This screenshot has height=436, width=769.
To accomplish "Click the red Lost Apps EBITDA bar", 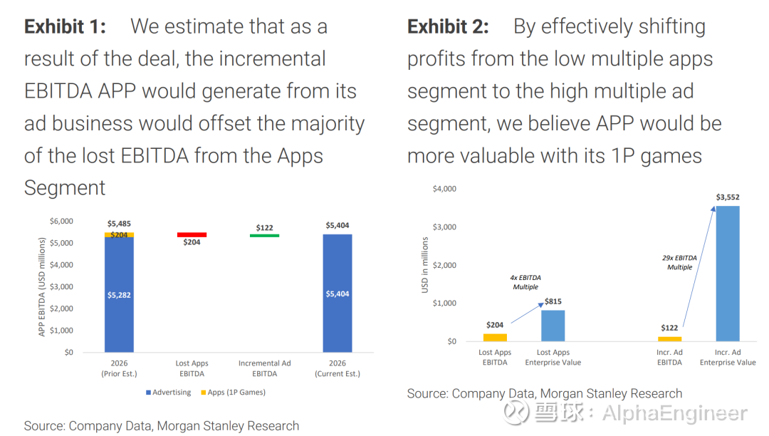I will [x=192, y=234].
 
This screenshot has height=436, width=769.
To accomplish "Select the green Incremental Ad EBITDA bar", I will [x=264, y=235].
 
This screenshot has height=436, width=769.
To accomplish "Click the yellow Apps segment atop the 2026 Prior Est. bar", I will [x=119, y=234].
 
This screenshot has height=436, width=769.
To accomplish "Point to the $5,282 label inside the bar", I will [x=119, y=294].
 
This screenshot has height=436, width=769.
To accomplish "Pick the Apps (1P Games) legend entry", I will [x=236, y=392].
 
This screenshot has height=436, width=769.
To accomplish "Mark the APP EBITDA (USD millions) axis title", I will [x=41, y=287].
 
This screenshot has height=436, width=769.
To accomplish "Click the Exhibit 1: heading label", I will [x=65, y=27].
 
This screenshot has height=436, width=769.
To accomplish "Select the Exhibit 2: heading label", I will [x=448, y=27].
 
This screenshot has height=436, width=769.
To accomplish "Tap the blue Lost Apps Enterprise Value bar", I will [x=553, y=326].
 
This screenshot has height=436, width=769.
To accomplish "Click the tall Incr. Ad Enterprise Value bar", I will [x=727, y=274].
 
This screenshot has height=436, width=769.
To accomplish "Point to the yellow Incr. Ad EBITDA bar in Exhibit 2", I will [x=669, y=338].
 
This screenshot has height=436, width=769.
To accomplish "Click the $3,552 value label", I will [x=728, y=197].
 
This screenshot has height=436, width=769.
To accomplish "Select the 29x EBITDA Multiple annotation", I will [x=679, y=262].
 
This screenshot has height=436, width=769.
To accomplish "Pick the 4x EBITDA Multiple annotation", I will [x=525, y=282].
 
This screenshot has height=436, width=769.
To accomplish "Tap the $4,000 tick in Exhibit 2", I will [x=444, y=189].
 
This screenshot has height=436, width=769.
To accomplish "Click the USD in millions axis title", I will [x=425, y=265].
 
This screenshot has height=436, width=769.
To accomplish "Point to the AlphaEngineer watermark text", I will [x=674, y=413].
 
